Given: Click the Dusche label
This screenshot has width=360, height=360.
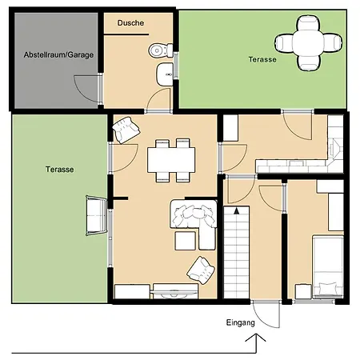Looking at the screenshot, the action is tap(130, 23).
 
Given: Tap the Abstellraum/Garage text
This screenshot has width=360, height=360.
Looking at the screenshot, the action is tap(58, 55).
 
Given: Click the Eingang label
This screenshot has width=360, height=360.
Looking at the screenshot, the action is tap(240, 322).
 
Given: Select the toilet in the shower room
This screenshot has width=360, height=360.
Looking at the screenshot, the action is tap(161, 50).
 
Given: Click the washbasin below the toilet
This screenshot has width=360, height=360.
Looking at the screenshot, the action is tap(165, 74).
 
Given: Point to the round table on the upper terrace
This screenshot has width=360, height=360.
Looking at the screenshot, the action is tap(309, 43).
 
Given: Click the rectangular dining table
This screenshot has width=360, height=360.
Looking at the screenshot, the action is tap(171, 160).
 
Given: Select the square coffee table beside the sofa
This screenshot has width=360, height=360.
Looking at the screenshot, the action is tap(186, 241).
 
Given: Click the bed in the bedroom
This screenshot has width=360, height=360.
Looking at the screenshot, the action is tap(328, 266).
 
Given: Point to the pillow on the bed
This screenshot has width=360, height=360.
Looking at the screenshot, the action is tap(328, 290).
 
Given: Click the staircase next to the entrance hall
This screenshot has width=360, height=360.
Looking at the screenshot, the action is tap(236, 252).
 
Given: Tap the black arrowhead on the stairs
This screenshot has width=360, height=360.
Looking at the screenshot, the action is tap(236, 211).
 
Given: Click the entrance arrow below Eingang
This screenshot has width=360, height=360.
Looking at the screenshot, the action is tap(256, 343).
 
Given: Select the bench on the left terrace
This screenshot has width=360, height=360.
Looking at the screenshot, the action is tap(97, 215).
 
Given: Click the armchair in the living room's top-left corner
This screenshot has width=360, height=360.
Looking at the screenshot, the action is tap(126, 130).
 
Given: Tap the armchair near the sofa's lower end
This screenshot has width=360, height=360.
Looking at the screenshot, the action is tap(201, 270).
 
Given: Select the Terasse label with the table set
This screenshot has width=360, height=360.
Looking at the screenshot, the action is tap(262, 59).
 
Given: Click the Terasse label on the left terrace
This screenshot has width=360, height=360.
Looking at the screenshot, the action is tap(59, 170).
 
